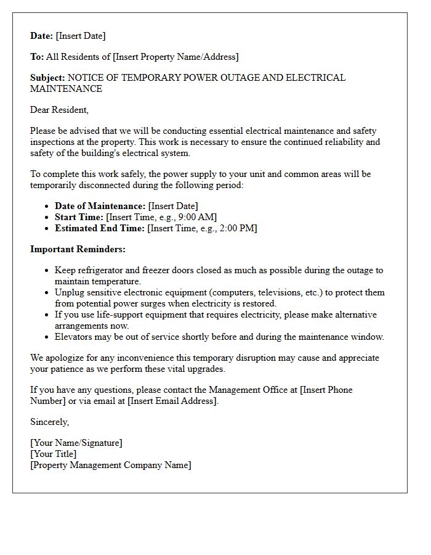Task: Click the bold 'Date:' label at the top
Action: [42, 36]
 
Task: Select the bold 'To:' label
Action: [37, 57]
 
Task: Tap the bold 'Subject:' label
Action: [47, 78]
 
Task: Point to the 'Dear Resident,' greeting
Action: [59, 110]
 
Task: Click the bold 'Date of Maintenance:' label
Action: [100, 206]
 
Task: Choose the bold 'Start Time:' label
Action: [79, 217]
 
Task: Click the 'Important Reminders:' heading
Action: [78, 249]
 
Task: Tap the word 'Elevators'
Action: [75, 337]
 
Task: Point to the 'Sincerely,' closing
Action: [49, 422]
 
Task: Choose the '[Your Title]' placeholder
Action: [54, 454]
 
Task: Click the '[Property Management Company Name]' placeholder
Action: [111, 465]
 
